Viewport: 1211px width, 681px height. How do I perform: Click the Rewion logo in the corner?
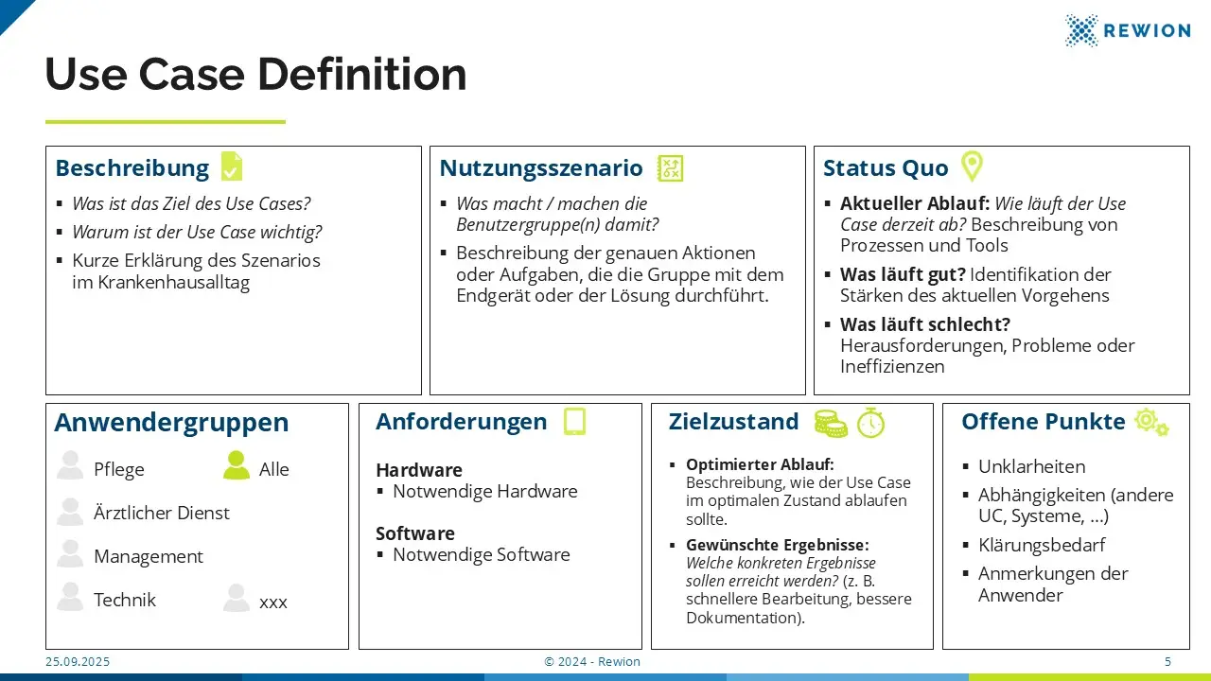1127,30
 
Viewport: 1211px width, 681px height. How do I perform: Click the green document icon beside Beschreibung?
232,166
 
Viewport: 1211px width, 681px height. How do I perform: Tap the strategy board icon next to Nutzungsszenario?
670,168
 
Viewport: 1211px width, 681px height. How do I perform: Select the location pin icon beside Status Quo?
972,166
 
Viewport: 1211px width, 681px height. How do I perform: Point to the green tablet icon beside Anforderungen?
574,421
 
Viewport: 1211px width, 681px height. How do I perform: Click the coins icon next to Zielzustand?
831,423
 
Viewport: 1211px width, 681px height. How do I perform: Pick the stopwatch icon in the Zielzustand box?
871,423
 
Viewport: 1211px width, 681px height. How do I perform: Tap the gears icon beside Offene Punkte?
1151,422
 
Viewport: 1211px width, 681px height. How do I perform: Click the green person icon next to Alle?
237,465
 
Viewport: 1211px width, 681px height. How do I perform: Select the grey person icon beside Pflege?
70,465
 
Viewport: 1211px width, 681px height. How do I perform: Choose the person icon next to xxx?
237,598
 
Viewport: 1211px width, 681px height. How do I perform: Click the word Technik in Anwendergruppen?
125,600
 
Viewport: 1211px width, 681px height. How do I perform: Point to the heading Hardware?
419,470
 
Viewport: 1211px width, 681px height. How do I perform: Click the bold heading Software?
415,533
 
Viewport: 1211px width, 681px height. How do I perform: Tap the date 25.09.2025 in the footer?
78,661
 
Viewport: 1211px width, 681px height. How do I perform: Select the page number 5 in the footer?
1167,661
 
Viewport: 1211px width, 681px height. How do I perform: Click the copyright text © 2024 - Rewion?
592,661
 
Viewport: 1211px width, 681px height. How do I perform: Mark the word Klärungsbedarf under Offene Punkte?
1042,545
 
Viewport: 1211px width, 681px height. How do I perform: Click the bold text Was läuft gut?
903,274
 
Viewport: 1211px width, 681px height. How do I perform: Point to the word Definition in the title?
361,74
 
